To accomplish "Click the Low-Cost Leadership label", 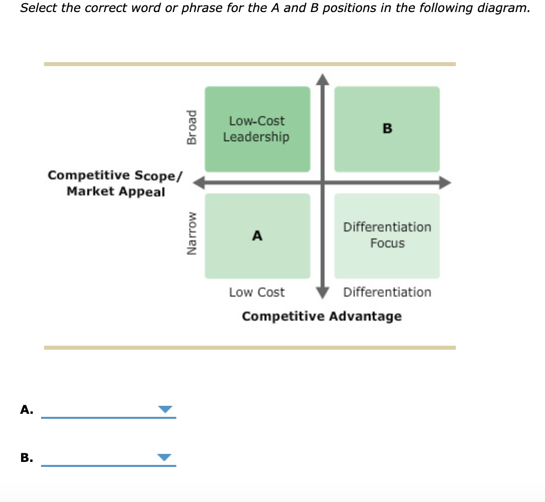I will pyautogui.click(x=256, y=129).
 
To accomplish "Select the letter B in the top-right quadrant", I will pyautogui.click(x=387, y=129).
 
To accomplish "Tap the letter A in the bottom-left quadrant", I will pyautogui.click(x=257, y=235).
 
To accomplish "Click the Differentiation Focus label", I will pyautogui.click(x=387, y=235).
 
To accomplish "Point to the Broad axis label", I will pyautogui.click(x=191, y=128).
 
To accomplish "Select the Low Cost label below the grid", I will pyautogui.click(x=256, y=292).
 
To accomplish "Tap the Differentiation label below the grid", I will pyautogui.click(x=387, y=292).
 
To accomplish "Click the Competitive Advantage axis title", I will pyautogui.click(x=322, y=317).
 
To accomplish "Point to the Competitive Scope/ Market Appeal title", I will pyautogui.click(x=116, y=183).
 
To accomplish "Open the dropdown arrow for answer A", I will pyautogui.click(x=165, y=410).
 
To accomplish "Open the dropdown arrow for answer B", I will pyautogui.click(x=165, y=457).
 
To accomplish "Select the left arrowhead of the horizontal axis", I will pyautogui.click(x=199, y=182).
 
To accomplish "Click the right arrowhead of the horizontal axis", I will pyautogui.click(x=445, y=182).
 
